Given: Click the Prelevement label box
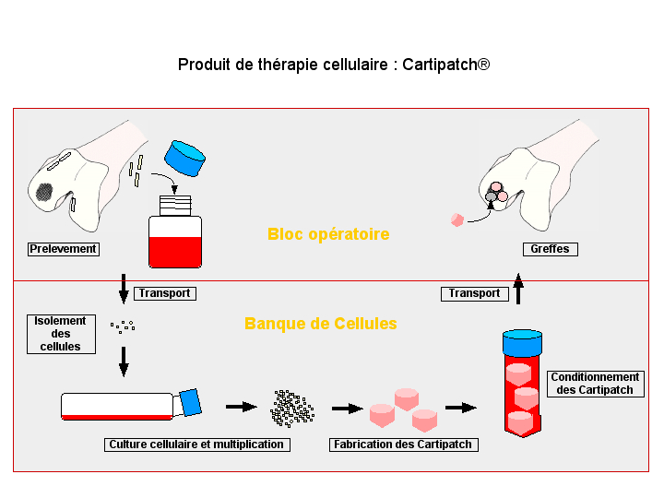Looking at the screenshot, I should tap(64, 249).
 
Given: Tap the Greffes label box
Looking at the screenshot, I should tap(551, 249).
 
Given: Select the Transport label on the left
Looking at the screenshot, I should tap(165, 293).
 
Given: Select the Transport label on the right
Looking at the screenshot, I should tap(474, 293).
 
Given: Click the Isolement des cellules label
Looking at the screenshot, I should tap(61, 334).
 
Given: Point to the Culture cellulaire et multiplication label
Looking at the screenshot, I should tap(196, 445).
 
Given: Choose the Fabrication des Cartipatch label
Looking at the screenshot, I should tap(402, 445).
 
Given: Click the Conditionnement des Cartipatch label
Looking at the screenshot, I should tap(595, 384).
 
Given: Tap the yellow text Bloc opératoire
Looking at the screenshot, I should tap(328, 234).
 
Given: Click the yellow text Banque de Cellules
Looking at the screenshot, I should tap(321, 324).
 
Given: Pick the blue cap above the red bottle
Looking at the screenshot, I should tap(188, 158).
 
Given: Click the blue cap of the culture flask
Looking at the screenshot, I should tap(191, 402).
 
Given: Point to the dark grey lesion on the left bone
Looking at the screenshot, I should tap(44, 192).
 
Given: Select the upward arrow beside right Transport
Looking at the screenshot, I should tap(518, 288).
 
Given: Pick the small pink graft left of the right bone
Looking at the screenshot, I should tap(456, 219).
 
